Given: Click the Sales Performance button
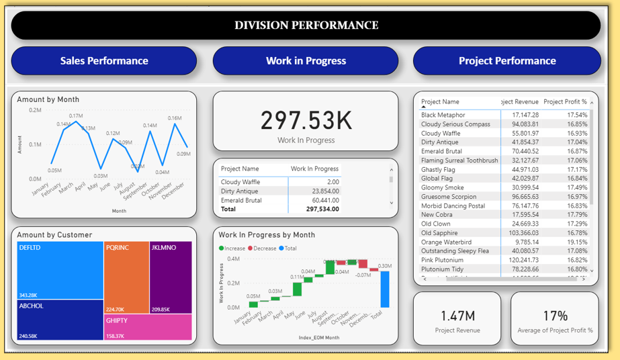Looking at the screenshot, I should click(104, 60).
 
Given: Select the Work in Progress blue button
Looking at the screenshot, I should click(306, 60).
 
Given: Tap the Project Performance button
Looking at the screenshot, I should click(507, 60).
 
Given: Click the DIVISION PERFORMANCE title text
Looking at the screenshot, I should click(306, 26).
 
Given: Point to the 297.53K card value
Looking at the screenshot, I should click(306, 120).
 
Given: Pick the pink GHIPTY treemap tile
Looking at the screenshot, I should click(147, 326).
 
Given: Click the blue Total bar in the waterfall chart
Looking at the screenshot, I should click(384, 289).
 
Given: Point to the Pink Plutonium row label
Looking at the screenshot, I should click(442, 260).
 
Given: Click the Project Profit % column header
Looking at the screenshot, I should click(565, 102).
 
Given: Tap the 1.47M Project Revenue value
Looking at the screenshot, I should click(457, 316).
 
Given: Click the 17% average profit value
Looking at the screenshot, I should click(555, 316).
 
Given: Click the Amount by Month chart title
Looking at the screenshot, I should click(48, 99).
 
